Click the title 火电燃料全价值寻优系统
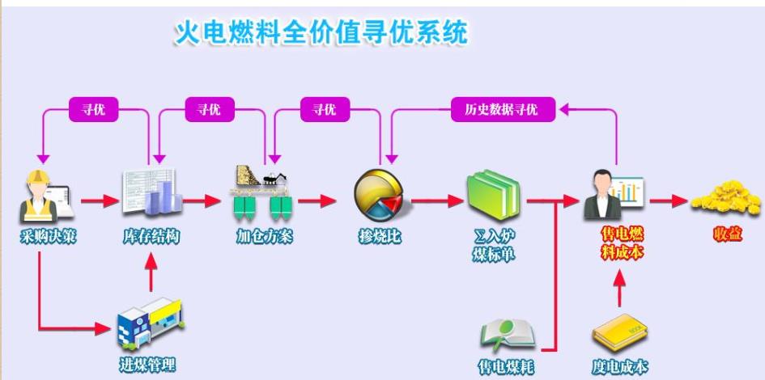click(321, 32)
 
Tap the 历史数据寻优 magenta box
click(502, 109)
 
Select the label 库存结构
click(151, 237)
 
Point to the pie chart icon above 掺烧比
click(378, 195)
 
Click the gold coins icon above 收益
click(725, 198)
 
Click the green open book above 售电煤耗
click(506, 335)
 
